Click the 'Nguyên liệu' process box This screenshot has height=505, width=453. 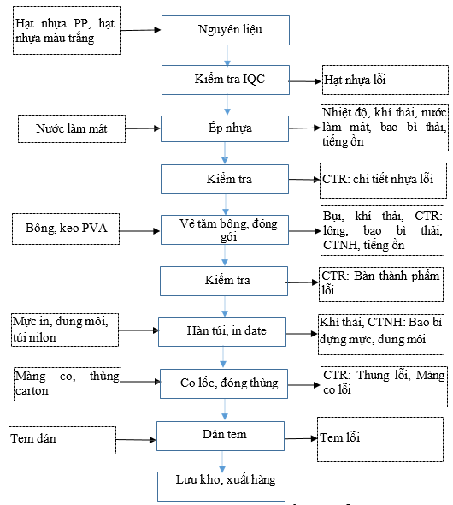[226, 30]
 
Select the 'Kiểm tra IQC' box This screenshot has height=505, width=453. [226, 80]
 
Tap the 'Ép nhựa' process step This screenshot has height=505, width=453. [225, 128]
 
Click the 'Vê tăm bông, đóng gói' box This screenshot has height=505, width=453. [225, 229]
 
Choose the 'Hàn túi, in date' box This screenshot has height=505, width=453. [222, 331]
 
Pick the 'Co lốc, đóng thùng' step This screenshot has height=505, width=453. [224, 383]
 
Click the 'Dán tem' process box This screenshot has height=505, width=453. [221, 436]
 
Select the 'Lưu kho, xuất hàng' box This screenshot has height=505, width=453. [221, 486]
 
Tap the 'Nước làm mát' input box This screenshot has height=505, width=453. [72, 128]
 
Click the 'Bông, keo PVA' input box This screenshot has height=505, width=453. [66, 229]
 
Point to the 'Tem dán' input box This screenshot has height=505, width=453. [62, 440]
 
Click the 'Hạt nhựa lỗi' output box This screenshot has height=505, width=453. [385, 80]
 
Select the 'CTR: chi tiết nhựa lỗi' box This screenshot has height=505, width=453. [383, 181]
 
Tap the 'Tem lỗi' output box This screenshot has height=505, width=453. [380, 439]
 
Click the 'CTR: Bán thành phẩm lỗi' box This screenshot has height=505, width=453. [381, 284]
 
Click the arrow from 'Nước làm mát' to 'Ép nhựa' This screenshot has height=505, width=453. [143, 128]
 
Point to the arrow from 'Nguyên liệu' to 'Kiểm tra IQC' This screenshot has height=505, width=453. [227, 56]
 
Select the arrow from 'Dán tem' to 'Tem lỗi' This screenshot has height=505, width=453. [301, 438]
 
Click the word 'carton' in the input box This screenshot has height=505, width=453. [32, 390]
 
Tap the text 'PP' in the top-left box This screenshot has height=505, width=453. [82, 23]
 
